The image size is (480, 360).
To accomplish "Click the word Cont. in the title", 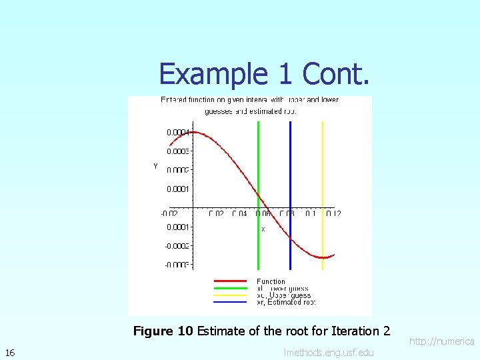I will pyautogui.click(x=335, y=73).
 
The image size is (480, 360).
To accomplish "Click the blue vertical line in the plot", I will pyautogui.click(x=291, y=167).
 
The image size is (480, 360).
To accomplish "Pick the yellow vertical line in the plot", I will pyautogui.click(x=323, y=167).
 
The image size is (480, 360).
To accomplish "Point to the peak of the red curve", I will pyautogui.click(x=191, y=132).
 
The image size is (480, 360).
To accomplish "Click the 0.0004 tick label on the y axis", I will pyautogui.click(x=178, y=132).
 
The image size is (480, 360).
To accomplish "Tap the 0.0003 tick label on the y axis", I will pyautogui.click(x=178, y=151).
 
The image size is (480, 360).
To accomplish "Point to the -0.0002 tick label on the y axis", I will pyautogui.click(x=178, y=246).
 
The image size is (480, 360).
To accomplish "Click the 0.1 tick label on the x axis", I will pyautogui.click(x=311, y=214).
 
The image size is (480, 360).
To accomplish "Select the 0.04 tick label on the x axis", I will pyautogui.click(x=239, y=214).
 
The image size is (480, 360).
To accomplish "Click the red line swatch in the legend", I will pyautogui.click(x=231, y=281).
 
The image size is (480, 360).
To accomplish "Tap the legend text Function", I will pyautogui.click(x=271, y=281).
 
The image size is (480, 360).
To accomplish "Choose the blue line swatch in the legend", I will pyautogui.click(x=231, y=302).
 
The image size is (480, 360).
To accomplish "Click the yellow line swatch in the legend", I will pyautogui.click(x=231, y=295).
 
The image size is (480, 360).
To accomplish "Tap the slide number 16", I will pyautogui.click(x=10, y=352).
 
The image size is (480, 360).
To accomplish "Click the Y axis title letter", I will pyautogui.click(x=155, y=166).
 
